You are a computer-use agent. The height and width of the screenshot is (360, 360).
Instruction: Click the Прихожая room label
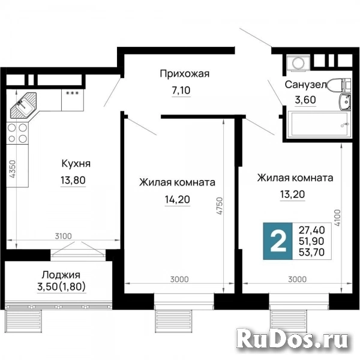184,74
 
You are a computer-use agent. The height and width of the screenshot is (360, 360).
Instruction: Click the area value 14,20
177,199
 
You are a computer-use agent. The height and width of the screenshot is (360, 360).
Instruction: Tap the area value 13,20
295,194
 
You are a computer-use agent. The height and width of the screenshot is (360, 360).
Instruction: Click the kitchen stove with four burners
17,133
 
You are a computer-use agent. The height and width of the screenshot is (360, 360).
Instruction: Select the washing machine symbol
296,62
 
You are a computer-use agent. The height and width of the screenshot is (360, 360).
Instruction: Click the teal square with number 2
278,239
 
